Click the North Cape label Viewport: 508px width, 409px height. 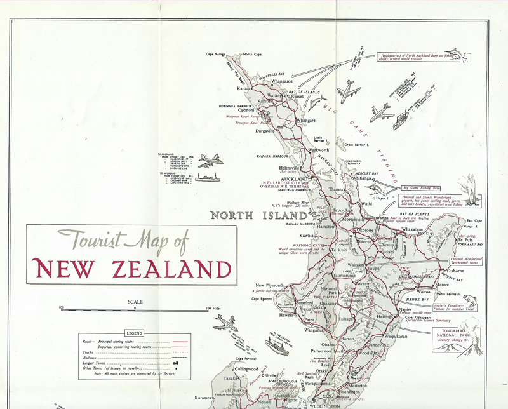[x=256, y=55]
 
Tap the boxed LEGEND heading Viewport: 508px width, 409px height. [x=134, y=333]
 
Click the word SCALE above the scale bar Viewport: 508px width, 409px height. [x=135, y=302]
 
